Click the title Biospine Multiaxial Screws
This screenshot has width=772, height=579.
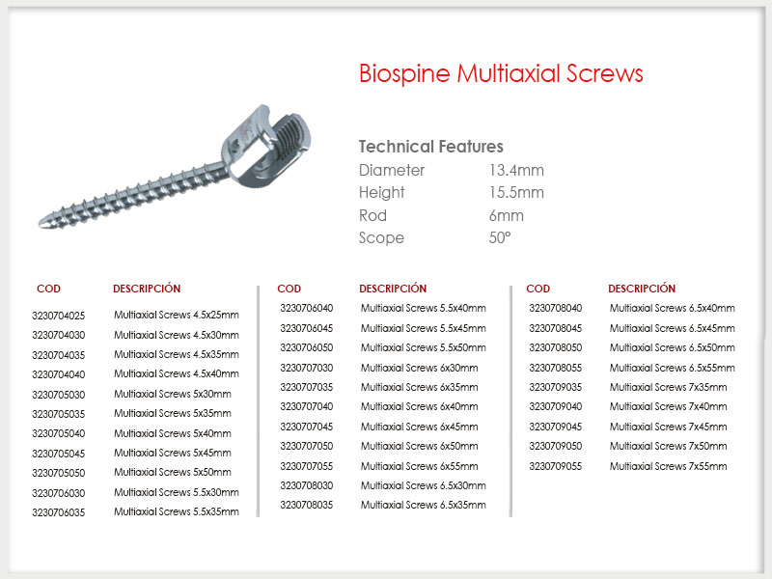501,74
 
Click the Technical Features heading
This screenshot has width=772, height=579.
430,147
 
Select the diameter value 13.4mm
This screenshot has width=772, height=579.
516,171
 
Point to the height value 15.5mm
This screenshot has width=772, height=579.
516,192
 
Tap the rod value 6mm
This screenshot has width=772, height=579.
506,215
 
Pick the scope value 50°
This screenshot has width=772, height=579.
500,237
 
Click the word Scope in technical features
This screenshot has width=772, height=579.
381,238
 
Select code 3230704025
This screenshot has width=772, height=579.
59,316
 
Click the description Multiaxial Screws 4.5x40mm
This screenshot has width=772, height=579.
177,373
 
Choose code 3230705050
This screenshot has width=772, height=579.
59,473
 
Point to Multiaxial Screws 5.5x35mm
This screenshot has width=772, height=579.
177,511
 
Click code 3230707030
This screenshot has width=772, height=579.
307,368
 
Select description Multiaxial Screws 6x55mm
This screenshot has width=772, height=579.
419,466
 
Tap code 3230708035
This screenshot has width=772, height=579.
307,505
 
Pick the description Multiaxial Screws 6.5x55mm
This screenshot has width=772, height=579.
672,368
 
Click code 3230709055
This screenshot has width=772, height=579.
556,466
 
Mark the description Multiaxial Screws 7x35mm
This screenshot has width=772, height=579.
668,388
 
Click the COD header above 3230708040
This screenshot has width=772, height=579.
538,289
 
